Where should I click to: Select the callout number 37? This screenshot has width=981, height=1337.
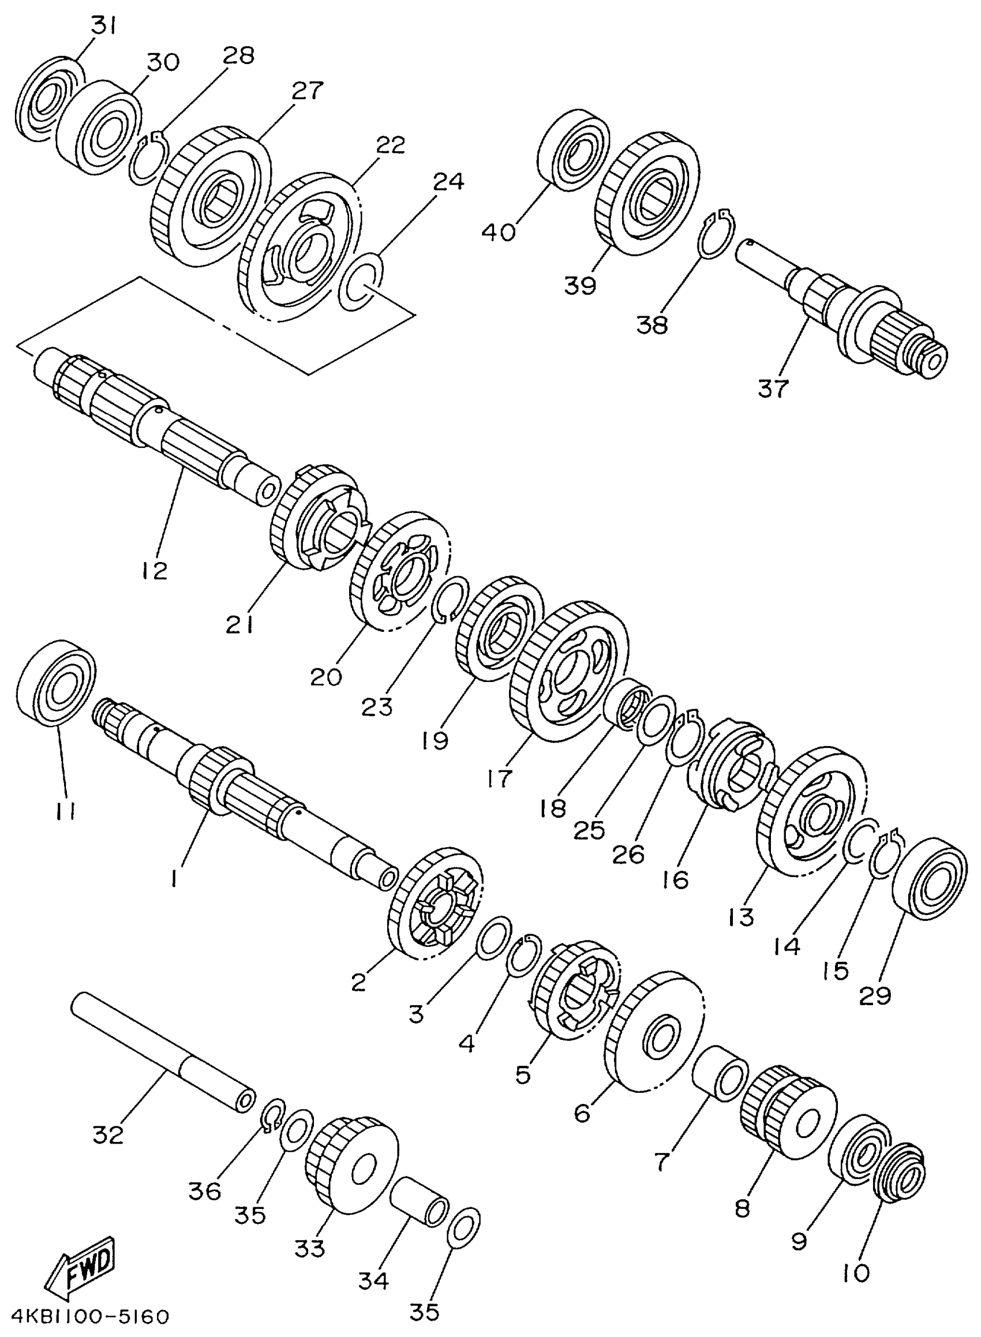(x=773, y=389)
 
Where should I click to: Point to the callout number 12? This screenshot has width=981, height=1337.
(x=155, y=571)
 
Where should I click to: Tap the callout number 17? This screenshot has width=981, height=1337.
(x=499, y=778)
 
